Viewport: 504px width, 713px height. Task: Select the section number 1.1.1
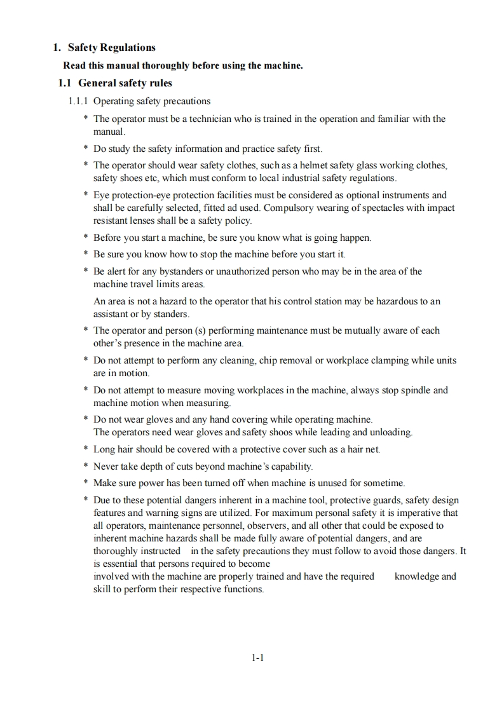click(x=79, y=101)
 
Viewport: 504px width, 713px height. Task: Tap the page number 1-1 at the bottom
click(x=257, y=658)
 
